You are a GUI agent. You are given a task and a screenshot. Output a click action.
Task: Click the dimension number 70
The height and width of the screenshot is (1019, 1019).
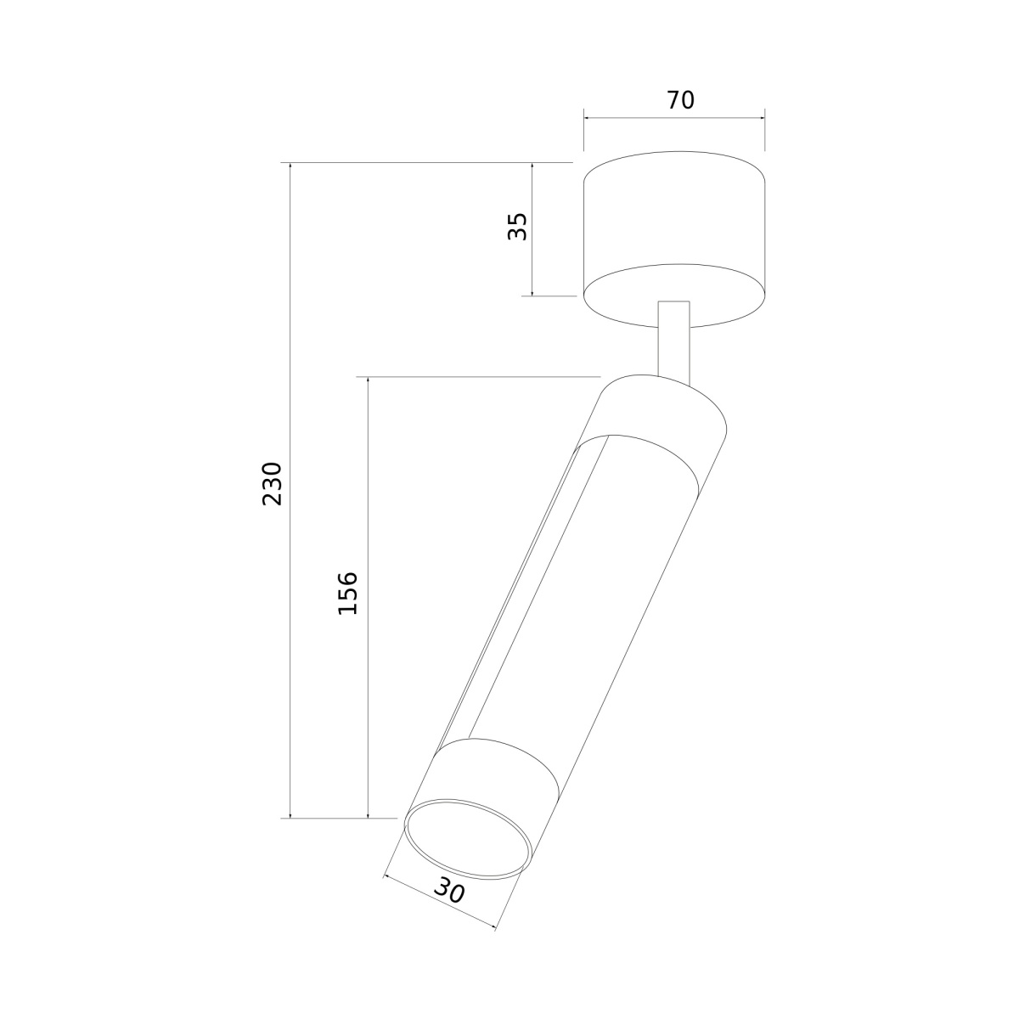(680, 100)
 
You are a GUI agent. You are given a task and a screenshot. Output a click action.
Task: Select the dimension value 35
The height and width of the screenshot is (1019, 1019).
(517, 227)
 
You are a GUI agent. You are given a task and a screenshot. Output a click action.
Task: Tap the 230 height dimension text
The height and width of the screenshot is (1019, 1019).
(273, 484)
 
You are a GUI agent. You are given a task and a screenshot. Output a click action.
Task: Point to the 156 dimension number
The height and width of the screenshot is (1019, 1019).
(348, 593)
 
